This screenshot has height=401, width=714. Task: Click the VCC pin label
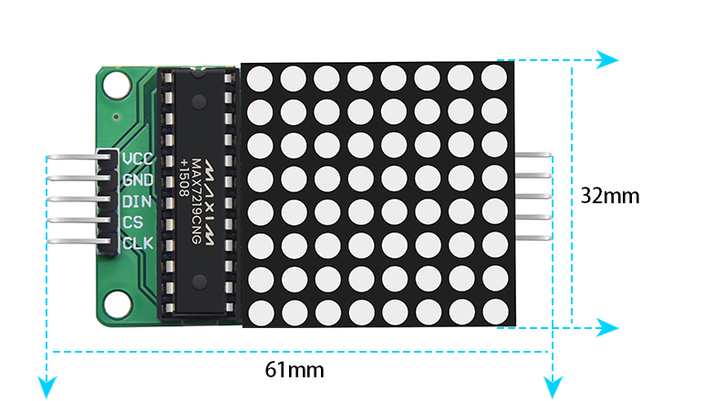[x=138, y=159]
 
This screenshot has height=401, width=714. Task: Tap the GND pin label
[x=138, y=180]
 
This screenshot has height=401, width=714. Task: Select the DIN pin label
[x=137, y=201]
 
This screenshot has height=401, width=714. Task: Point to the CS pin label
[x=132, y=222]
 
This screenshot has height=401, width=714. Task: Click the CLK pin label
[x=138, y=243]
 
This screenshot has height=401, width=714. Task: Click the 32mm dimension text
[x=610, y=195]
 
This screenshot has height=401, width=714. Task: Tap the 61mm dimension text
[x=295, y=370]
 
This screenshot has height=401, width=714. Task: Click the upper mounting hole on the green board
[x=117, y=87]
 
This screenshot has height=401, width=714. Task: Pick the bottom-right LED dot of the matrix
[x=492, y=311]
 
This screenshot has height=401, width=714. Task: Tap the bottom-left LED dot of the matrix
[x=259, y=311]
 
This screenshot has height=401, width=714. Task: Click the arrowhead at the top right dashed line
[x=608, y=61]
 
